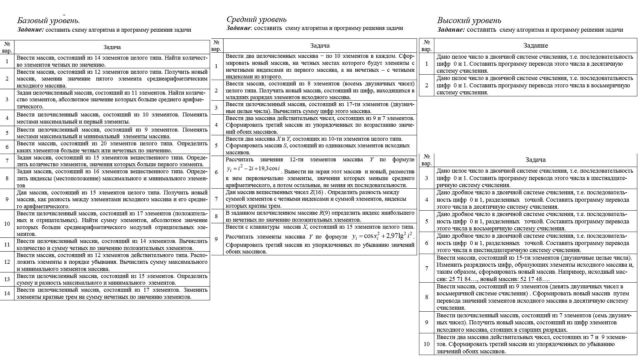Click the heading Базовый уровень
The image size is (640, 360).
pos(48,21)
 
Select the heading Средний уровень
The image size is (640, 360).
pos(256,19)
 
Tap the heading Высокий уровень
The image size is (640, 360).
pos(469,21)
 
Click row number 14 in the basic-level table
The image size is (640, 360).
pos(7,293)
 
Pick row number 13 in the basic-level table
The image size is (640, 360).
pos(7,279)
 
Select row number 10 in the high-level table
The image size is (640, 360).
pos(427,344)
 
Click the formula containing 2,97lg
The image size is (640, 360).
pos(383,236)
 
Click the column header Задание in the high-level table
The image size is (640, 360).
pos(535,46)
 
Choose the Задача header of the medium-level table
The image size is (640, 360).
pos(320,46)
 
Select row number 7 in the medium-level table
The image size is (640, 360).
pos(216,199)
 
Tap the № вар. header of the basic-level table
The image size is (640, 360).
pos(7,47)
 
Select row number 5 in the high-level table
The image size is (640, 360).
pos(427,221)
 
